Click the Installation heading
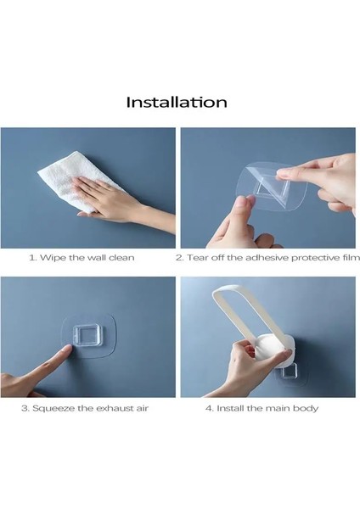177,102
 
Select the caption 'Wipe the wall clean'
87,258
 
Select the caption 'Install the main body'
267,408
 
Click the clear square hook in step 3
87,336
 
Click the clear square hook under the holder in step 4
289,371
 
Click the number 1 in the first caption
32,258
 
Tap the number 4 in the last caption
209,408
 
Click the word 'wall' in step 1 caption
97,258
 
